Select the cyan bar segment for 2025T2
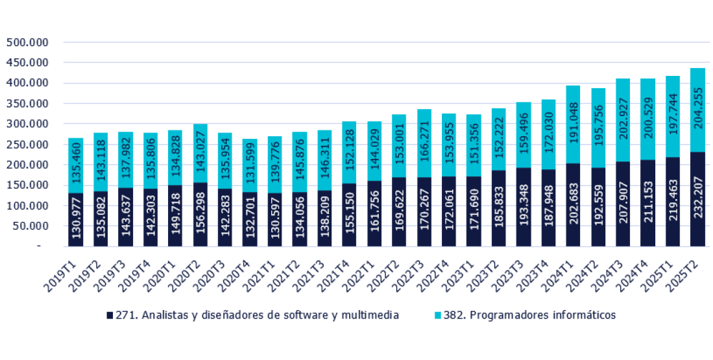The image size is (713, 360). [697, 110]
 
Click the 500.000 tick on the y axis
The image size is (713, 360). [28, 43]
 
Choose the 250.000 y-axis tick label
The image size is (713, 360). [28, 145]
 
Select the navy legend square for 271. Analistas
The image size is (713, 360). [110, 315]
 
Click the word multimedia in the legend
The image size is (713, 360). [374, 315]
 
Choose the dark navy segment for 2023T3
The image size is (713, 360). [524, 207]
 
